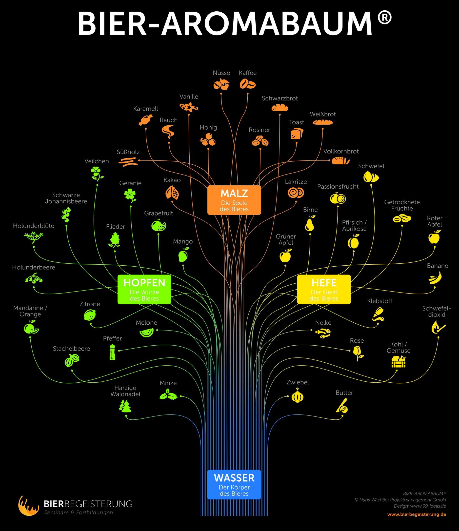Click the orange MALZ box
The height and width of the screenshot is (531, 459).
(234, 200)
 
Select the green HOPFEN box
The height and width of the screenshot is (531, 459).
(144, 289)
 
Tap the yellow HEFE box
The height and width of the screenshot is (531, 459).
(324, 289)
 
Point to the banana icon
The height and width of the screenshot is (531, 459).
(435, 278)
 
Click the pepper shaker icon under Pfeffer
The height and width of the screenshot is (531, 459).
(112, 352)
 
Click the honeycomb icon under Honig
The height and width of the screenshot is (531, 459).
(208, 140)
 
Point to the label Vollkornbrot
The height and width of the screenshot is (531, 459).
(341, 152)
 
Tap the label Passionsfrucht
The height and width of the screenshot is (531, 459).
(338, 187)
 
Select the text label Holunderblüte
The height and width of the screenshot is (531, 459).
(34, 226)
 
